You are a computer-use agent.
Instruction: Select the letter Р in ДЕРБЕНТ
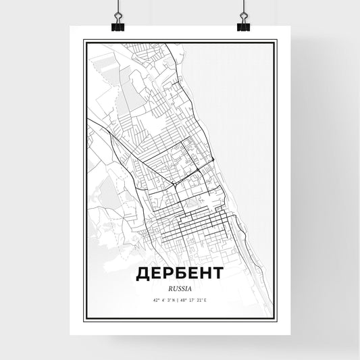point(170,273)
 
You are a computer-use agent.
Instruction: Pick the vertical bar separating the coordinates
point(178,300)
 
